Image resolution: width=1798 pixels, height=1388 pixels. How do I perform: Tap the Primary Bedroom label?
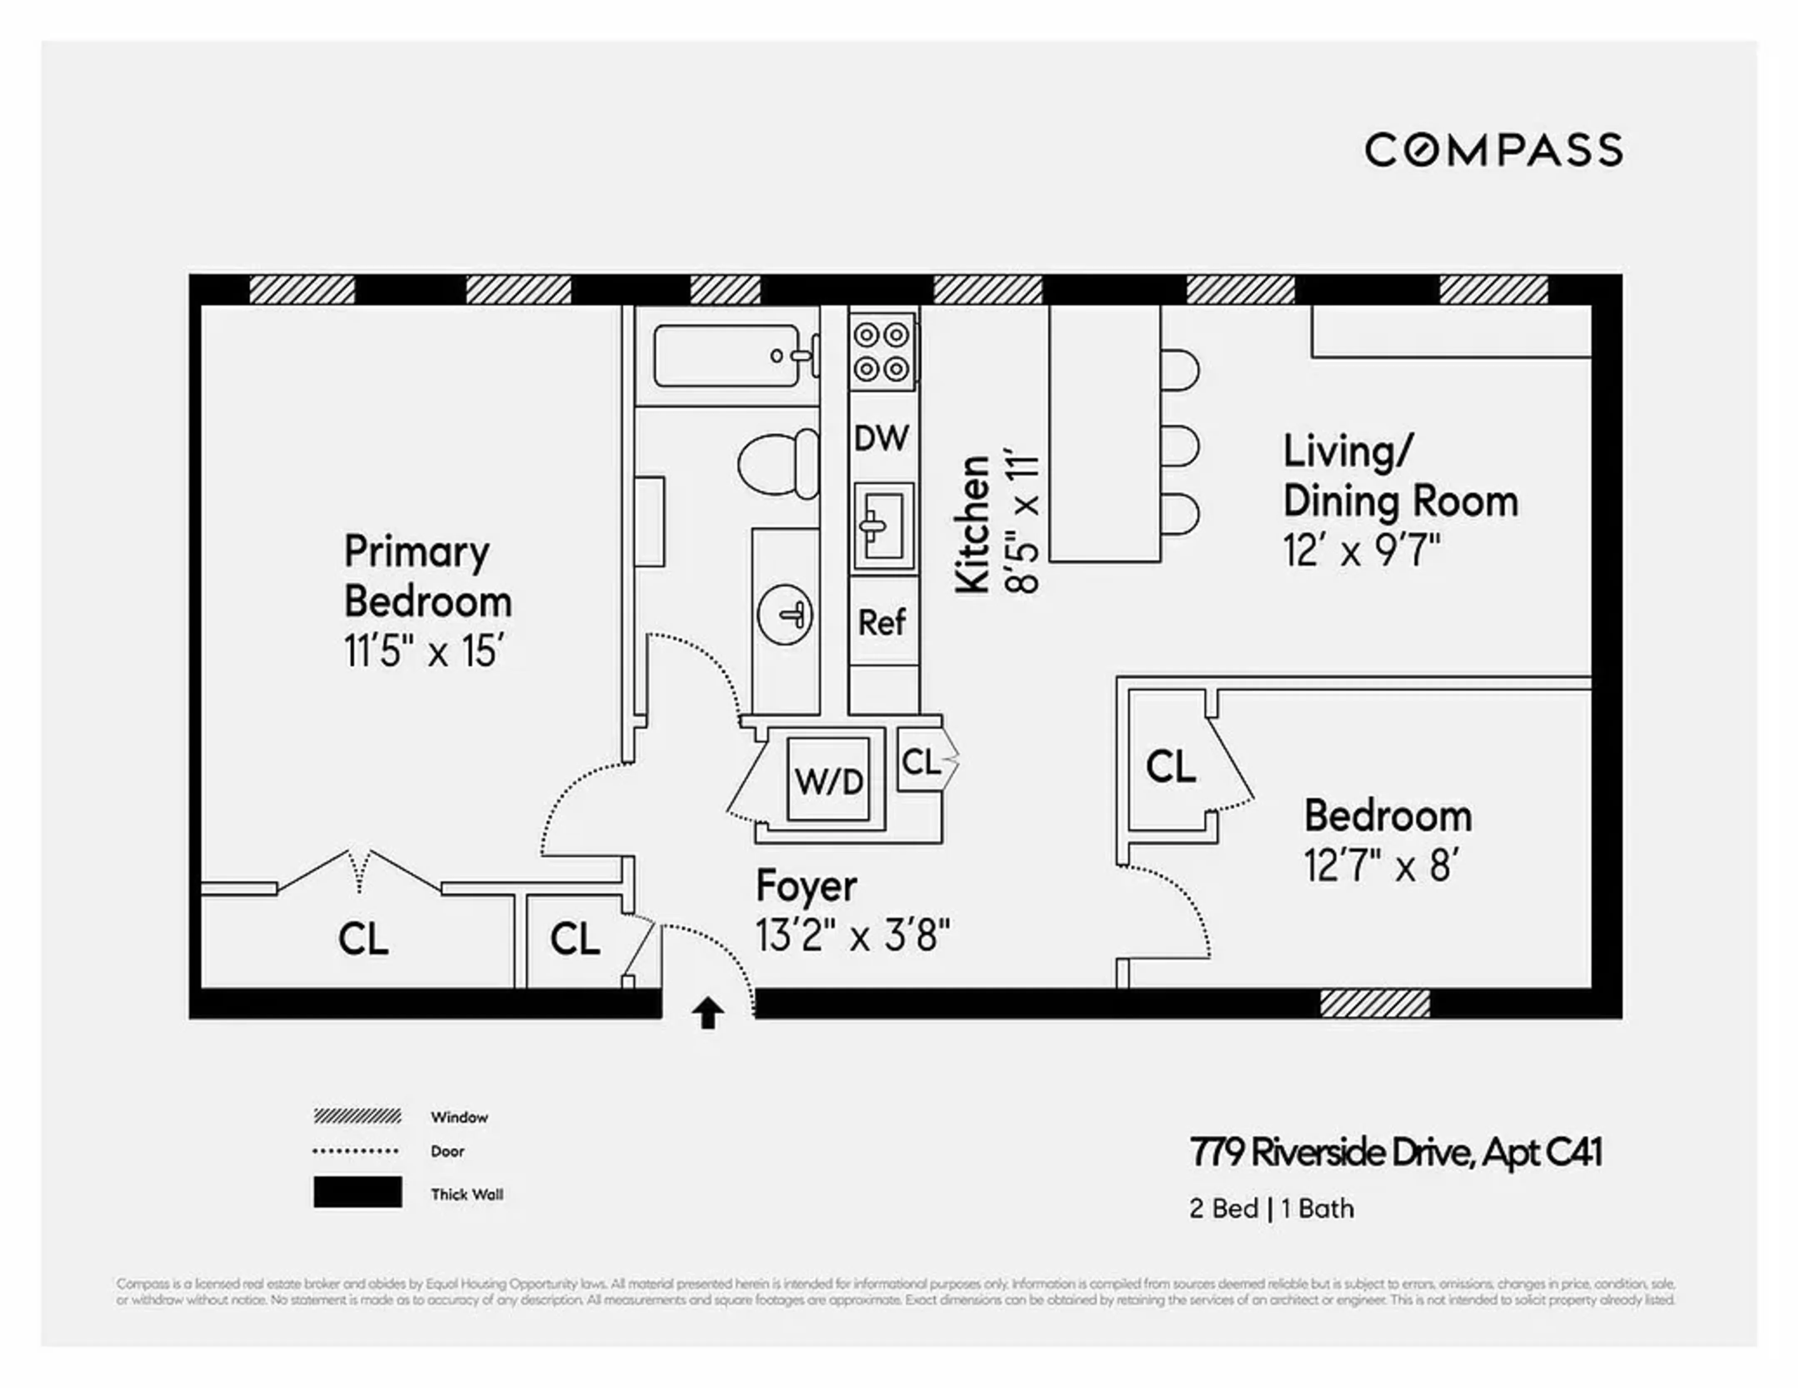coord(427,576)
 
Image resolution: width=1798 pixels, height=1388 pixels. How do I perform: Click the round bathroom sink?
coord(785,614)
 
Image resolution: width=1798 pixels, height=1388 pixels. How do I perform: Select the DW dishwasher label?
coord(881,438)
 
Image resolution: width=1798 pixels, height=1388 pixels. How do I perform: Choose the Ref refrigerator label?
coord(882,623)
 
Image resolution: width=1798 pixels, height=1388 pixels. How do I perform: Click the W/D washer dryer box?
coord(828,780)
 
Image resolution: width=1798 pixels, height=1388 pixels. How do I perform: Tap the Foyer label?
coord(806,886)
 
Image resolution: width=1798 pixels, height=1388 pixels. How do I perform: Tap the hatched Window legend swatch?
coord(357,1116)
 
